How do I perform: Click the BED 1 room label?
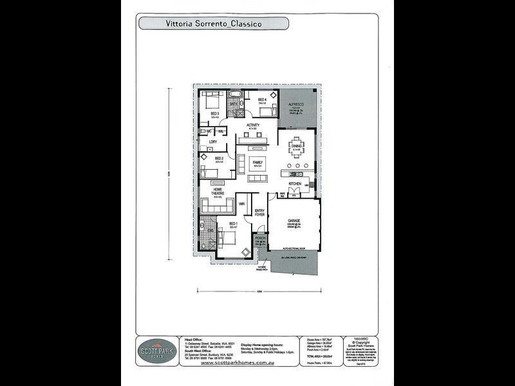tap(232, 224)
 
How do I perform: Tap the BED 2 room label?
tap(219, 158)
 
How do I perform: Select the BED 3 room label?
tap(215, 113)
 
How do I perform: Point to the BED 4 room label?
tap(262, 100)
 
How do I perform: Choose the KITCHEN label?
tap(295, 184)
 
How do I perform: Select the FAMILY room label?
tap(257, 162)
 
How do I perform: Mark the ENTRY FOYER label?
tap(259, 213)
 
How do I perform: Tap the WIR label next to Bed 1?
tap(242, 204)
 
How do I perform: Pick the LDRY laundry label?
tap(212, 142)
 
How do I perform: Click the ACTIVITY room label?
tap(252, 125)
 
